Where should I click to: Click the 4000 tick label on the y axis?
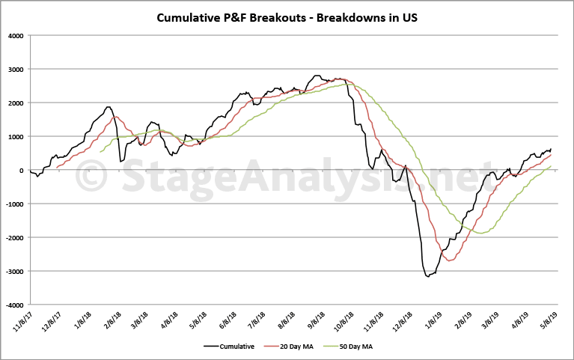pyautogui.click(x=15, y=35)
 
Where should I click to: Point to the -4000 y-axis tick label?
pyautogui.click(x=13, y=305)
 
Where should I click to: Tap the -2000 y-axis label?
pyautogui.click(x=13, y=238)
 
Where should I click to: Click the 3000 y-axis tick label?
pyautogui.click(x=15, y=69)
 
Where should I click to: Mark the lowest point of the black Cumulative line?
pyautogui.click(x=428, y=277)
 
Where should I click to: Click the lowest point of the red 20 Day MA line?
pyautogui.click(x=450, y=260)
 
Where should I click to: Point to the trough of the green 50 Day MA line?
pyautogui.click(x=483, y=234)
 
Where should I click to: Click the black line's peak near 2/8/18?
pyautogui.click(x=109, y=107)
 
